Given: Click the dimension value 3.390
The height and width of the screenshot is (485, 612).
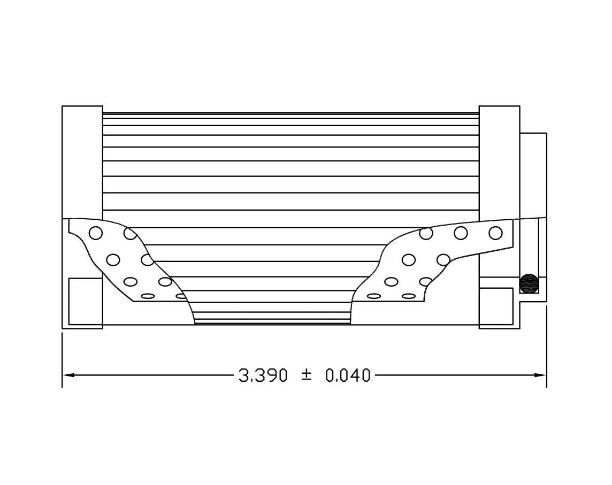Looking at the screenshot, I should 263,375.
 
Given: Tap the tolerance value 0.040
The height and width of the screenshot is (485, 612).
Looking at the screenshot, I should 348,375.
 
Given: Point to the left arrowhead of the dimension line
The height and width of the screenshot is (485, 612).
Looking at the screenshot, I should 68,375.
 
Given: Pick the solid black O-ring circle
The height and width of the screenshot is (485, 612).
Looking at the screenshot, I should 529,283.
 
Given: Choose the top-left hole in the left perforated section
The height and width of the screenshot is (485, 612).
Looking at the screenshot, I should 96,233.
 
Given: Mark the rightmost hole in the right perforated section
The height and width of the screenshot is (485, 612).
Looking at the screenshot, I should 495,233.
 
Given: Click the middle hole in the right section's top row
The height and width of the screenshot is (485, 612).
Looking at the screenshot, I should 461,233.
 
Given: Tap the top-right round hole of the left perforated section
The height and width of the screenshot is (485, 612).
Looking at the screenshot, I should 130,233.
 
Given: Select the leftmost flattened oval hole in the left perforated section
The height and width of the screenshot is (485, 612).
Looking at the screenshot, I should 148,296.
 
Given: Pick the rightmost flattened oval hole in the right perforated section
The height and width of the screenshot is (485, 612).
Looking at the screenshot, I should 409,296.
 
